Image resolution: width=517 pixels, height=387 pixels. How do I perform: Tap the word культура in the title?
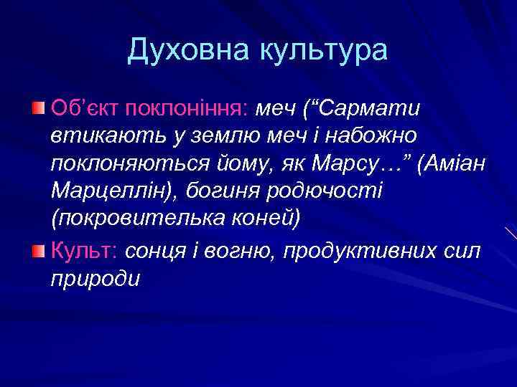coord(323,49)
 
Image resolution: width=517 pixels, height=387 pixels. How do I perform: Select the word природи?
coord(96,279)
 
